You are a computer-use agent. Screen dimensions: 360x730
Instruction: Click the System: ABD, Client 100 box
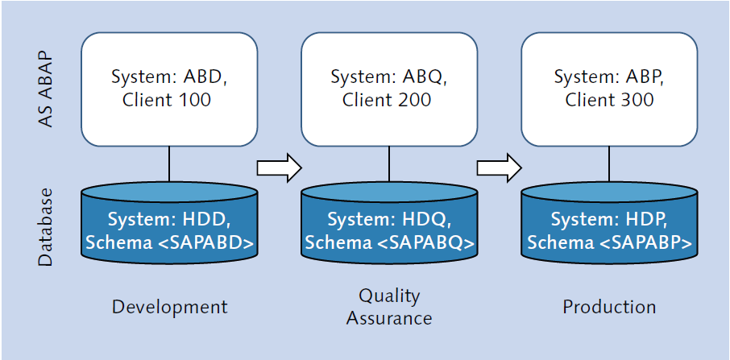pos(169,89)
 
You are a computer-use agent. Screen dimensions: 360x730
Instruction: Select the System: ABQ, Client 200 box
pos(389,89)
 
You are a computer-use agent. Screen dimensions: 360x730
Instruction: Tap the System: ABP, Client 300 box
pos(609,89)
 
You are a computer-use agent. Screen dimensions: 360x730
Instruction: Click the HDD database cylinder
pos(169,230)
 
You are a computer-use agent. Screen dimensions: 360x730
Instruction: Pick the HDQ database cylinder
pos(389,230)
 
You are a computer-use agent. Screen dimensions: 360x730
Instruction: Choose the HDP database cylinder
pos(609,230)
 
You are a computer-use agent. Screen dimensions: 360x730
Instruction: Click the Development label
pos(169,307)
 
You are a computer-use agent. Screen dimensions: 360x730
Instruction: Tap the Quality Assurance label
pos(389,307)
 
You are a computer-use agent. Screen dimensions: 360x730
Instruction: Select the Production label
pos(609,307)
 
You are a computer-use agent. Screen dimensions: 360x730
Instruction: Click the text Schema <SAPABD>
pos(169,242)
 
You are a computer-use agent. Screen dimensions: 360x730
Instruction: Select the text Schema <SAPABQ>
pos(389,242)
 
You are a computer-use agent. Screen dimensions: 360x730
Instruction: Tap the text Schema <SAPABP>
pos(609,242)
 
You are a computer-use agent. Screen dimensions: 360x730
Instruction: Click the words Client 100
pos(167,101)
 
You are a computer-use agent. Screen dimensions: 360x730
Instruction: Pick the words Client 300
pos(609,101)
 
